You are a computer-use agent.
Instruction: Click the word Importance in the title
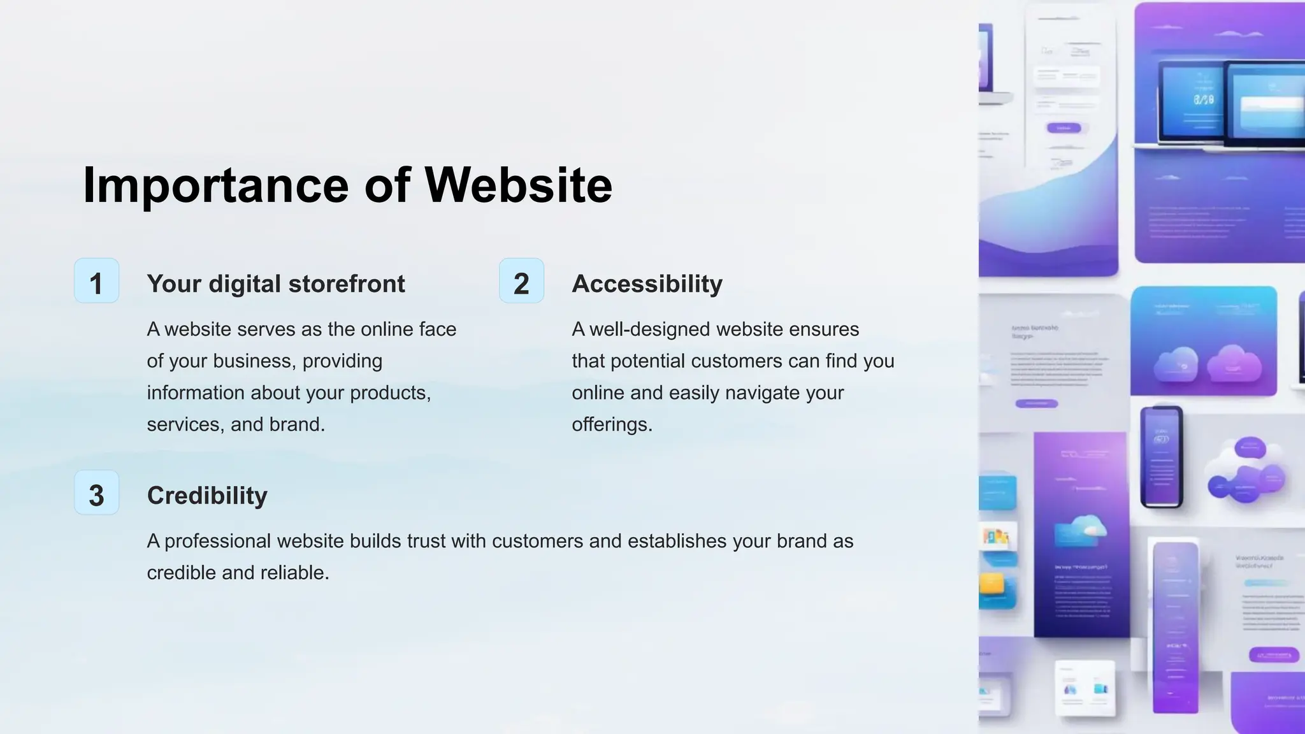click(215, 185)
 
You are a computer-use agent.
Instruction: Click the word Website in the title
click(518, 185)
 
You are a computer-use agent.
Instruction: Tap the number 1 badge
click(96, 281)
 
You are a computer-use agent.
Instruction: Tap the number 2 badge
click(521, 281)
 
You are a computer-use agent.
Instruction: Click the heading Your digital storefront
click(275, 284)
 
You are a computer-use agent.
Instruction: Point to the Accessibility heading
click(647, 284)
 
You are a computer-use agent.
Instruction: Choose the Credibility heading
click(207, 496)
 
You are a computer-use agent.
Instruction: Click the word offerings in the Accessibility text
click(610, 424)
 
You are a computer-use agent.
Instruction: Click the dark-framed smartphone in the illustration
click(1161, 456)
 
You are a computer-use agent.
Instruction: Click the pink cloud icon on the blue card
click(1234, 363)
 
